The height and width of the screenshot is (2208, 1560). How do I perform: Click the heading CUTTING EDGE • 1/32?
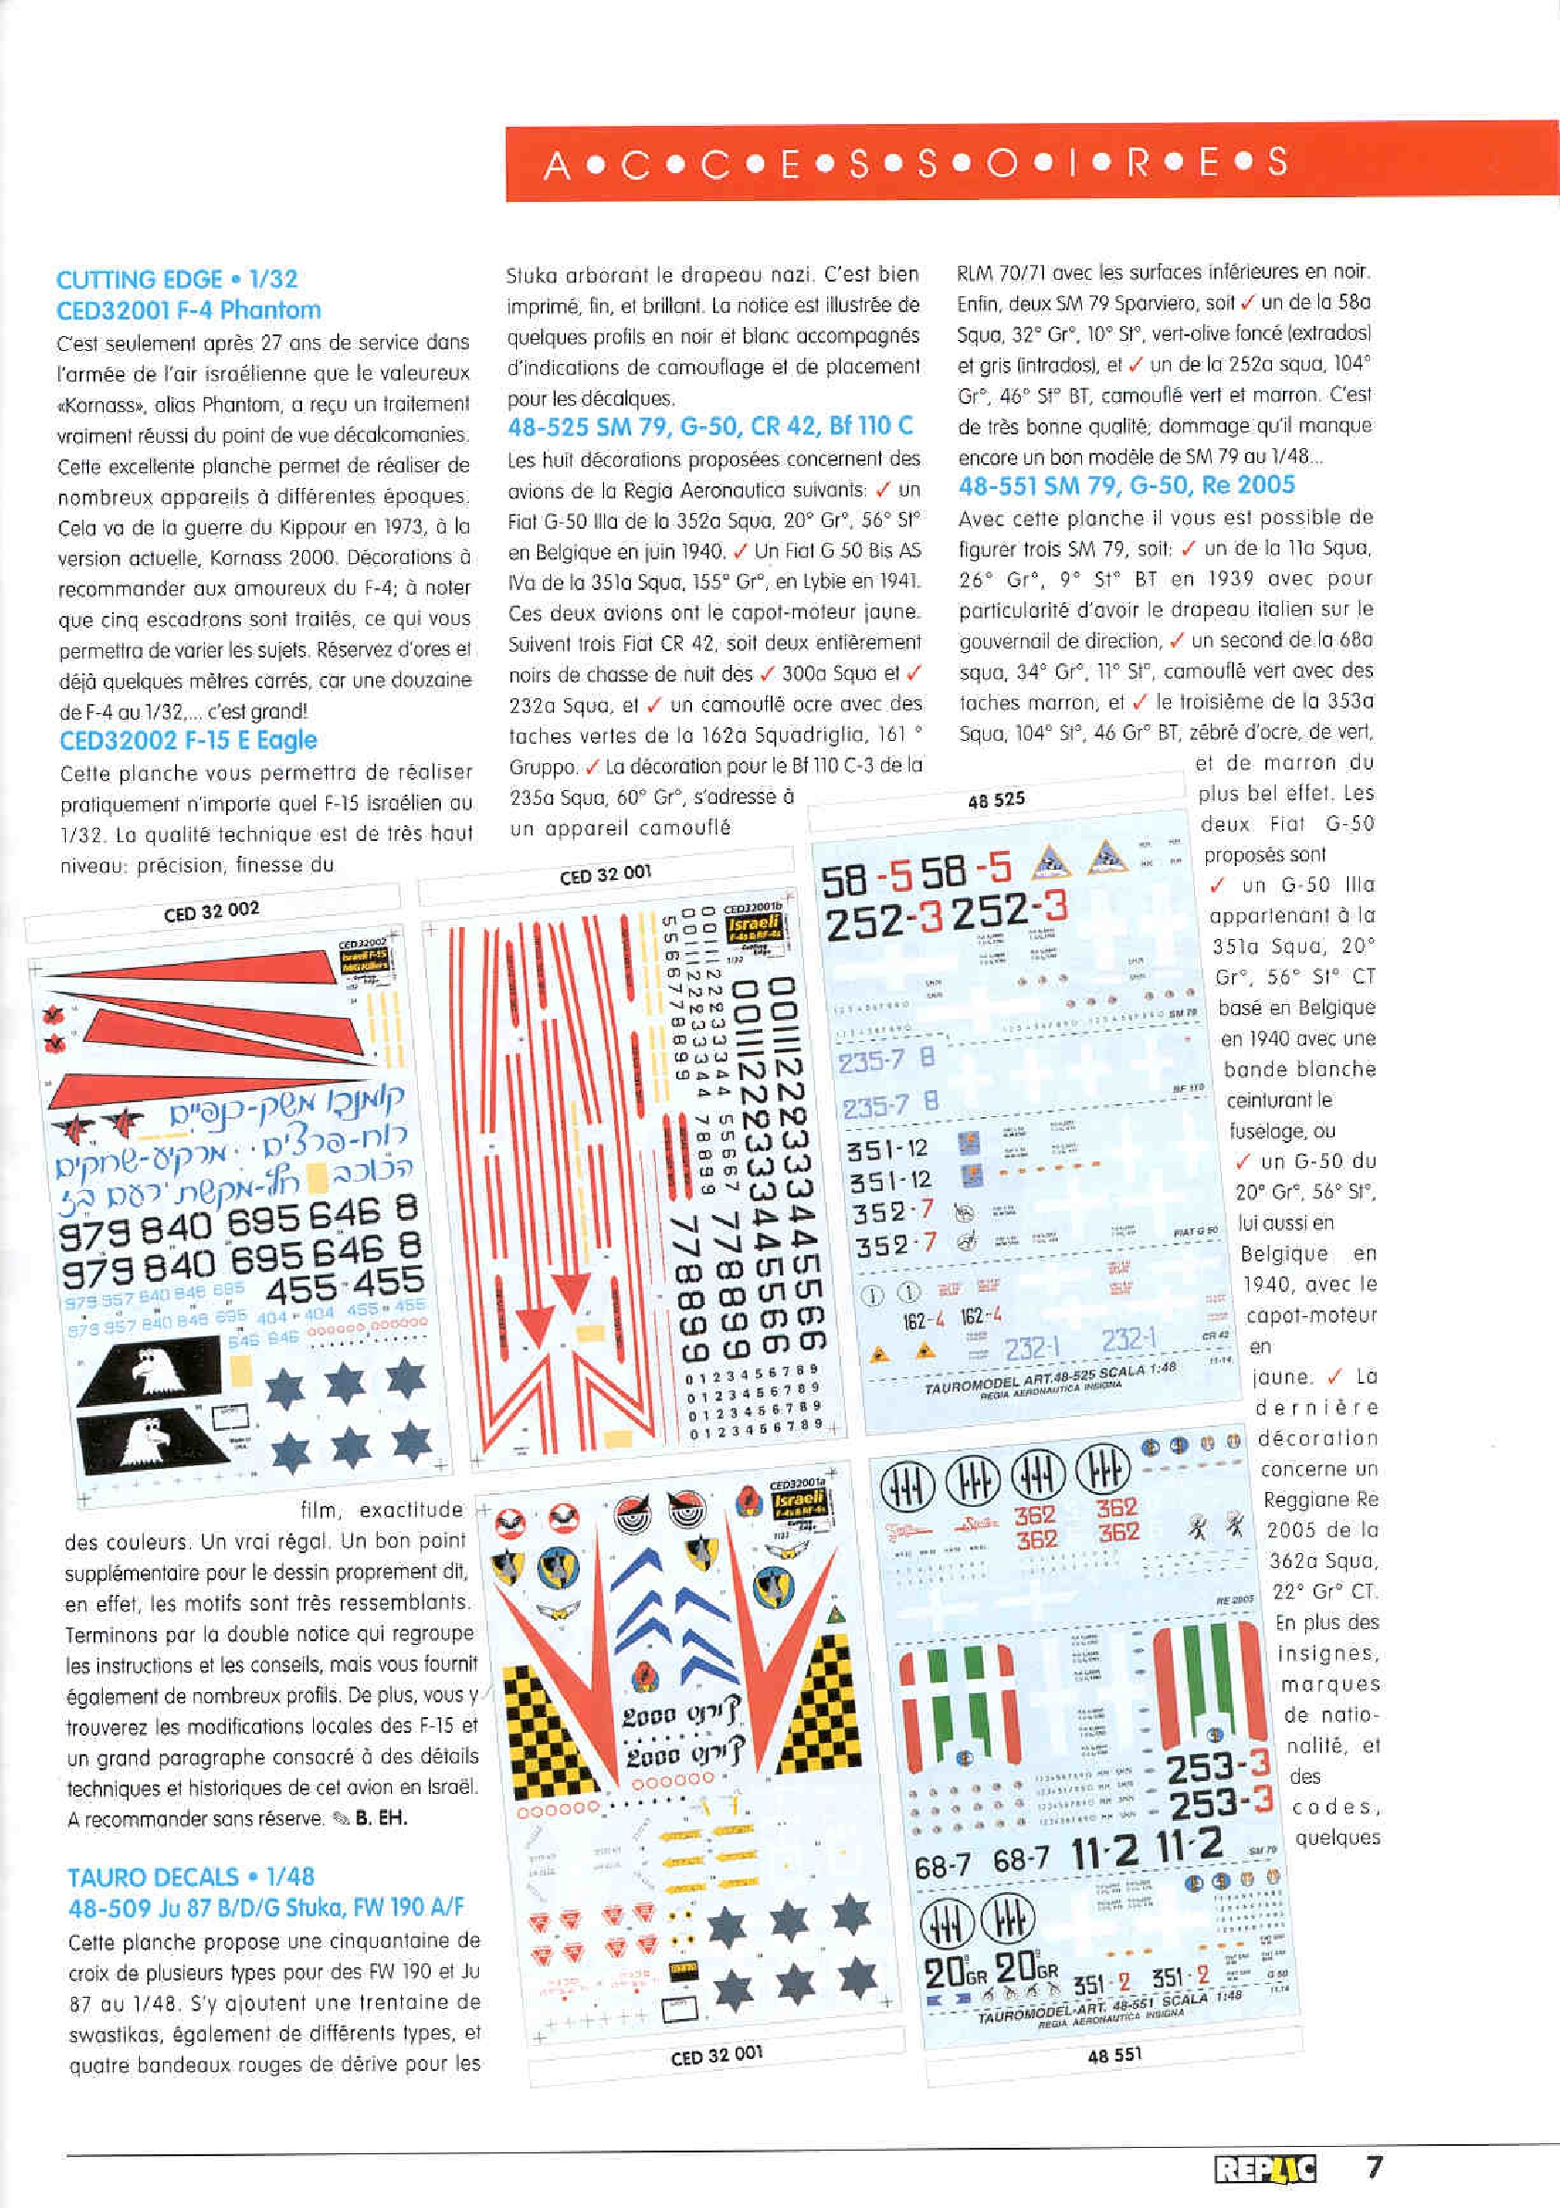pyautogui.click(x=177, y=280)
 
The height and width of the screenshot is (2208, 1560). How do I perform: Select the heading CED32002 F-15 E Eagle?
pyautogui.click(x=187, y=741)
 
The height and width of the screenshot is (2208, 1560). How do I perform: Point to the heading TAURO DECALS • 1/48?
pyautogui.click(x=191, y=1876)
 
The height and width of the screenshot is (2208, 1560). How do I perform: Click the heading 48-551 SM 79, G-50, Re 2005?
pyautogui.click(x=1126, y=484)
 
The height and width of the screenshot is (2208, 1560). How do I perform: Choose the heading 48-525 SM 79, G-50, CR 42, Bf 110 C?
pyautogui.click(x=711, y=426)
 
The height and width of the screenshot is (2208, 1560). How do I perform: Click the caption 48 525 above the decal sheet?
pyautogui.click(x=997, y=799)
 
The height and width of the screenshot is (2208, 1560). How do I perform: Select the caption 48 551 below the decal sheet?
pyautogui.click(x=1114, y=2054)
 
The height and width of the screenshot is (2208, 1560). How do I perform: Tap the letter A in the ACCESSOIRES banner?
pyautogui.click(x=556, y=167)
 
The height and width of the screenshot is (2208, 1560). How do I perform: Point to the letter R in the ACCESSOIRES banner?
pyautogui.click(x=1139, y=165)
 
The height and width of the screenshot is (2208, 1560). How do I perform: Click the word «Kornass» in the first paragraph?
pyautogui.click(x=97, y=405)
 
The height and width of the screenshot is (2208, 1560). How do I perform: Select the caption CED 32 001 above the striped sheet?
pyautogui.click(x=605, y=873)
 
